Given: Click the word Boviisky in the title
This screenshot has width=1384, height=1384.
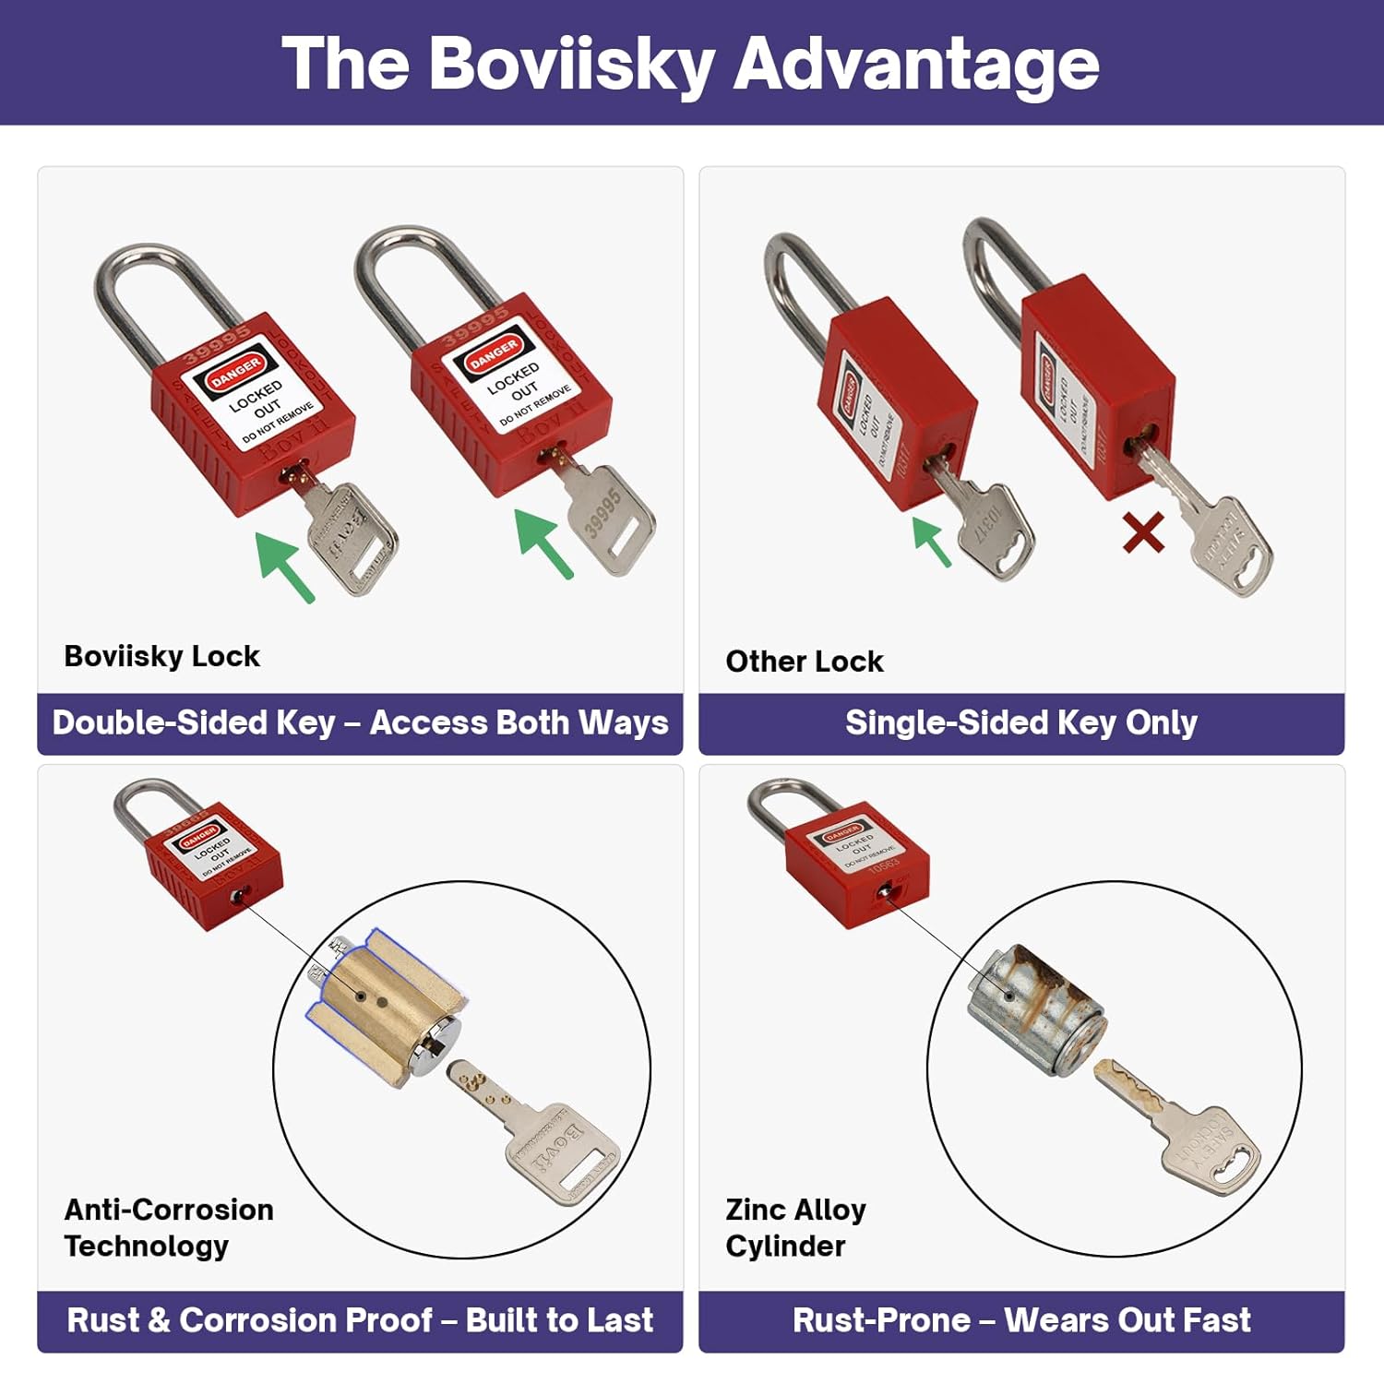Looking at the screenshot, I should (x=572, y=65).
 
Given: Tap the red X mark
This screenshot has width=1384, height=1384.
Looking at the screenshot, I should (x=1143, y=533).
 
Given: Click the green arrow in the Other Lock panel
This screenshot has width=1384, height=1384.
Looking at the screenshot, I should (x=931, y=540).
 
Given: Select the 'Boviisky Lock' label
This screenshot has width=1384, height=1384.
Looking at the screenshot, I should (x=161, y=656).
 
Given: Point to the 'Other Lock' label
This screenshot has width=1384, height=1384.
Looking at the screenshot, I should (x=804, y=662).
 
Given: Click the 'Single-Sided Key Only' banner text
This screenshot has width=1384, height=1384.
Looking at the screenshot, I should (x=1021, y=723).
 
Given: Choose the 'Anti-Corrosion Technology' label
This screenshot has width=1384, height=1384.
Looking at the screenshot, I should (x=169, y=1227).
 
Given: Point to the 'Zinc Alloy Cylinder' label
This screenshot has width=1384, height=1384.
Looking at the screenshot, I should (x=795, y=1227).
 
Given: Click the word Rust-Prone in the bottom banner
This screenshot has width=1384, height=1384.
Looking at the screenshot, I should (x=881, y=1320).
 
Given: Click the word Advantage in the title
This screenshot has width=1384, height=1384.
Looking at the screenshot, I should (x=915, y=65).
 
